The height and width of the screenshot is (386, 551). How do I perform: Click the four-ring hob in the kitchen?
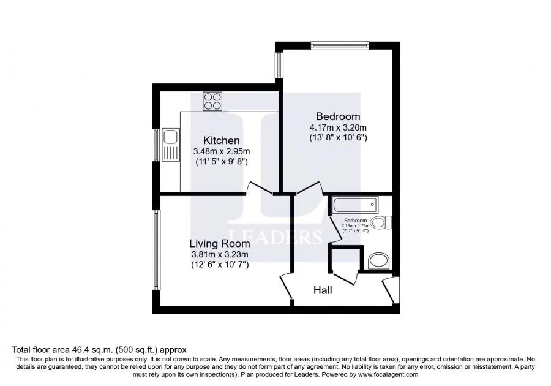pyautogui.click(x=212, y=101)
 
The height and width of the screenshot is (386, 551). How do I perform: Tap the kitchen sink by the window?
pyautogui.click(x=171, y=145)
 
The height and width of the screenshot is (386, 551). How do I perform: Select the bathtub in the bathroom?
pyautogui.click(x=354, y=205)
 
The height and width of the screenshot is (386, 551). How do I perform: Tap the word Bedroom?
pyautogui.click(x=338, y=116)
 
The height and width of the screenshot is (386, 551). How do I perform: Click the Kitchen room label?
pyautogui.click(x=222, y=141)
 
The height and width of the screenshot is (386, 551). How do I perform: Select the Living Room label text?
pyautogui.click(x=220, y=244)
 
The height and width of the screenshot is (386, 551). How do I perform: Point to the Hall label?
pyautogui.click(x=323, y=290)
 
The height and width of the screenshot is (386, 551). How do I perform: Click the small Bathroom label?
pyautogui.click(x=355, y=221)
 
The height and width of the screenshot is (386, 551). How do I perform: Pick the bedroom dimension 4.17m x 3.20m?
pyautogui.click(x=338, y=127)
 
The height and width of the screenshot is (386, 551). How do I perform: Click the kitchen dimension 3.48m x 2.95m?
pyautogui.click(x=222, y=151)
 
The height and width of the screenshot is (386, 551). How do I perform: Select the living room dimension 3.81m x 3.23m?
pyautogui.click(x=220, y=254)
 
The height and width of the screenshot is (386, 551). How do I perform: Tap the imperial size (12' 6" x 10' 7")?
pyautogui.click(x=220, y=265)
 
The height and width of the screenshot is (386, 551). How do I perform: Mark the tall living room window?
pyautogui.click(x=156, y=250)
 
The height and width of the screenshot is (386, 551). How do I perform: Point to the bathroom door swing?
pyautogui.click(x=335, y=229)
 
